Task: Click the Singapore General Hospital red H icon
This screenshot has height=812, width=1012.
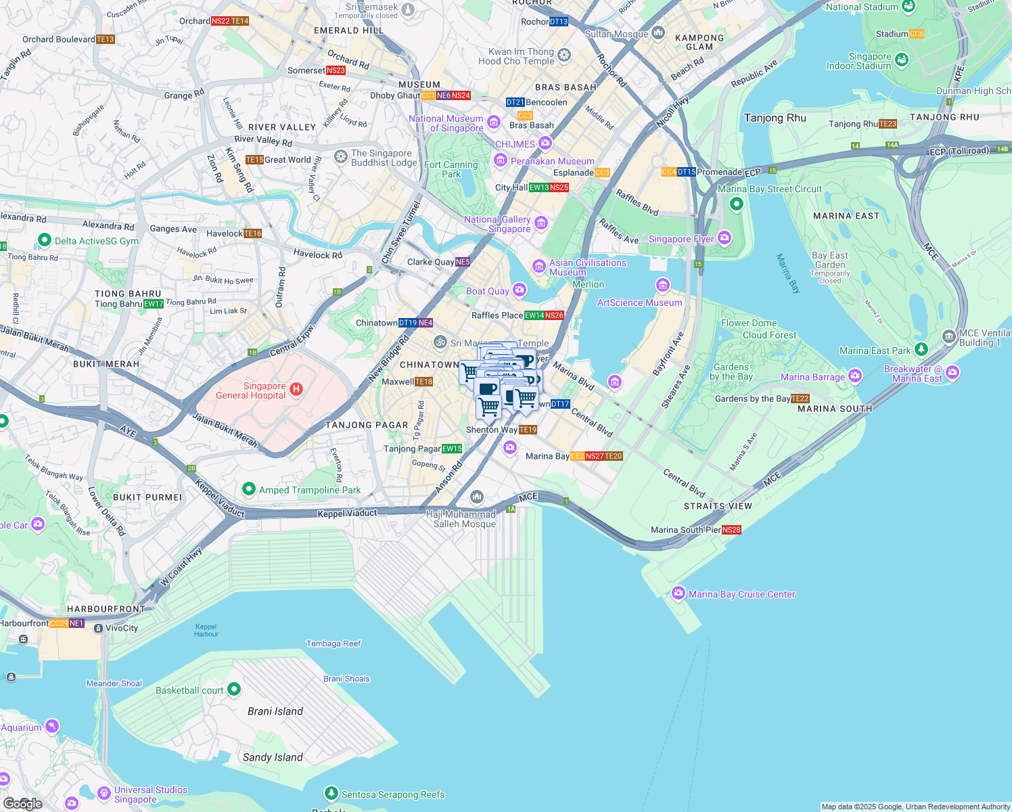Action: click(x=296, y=389)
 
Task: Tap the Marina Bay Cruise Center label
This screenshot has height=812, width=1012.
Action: click(x=741, y=594)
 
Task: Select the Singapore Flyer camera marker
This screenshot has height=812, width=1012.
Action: click(x=724, y=238)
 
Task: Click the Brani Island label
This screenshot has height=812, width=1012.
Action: click(x=275, y=711)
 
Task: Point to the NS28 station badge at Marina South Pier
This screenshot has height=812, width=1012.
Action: click(x=731, y=530)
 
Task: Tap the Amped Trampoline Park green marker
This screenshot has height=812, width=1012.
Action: click(x=248, y=489)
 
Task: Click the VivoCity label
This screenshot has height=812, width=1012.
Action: click(x=122, y=628)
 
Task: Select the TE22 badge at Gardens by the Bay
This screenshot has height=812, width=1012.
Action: click(x=800, y=399)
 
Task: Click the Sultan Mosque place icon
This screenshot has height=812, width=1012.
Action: click(x=658, y=33)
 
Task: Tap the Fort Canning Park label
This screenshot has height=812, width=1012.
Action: click(x=451, y=169)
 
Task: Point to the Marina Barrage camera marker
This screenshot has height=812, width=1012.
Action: click(x=855, y=376)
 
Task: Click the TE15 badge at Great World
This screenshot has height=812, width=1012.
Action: click(x=254, y=160)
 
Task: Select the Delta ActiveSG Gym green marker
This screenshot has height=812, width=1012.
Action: click(x=44, y=240)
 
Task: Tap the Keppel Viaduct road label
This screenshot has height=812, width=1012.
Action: click(x=346, y=514)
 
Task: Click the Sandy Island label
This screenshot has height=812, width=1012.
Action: click(x=273, y=757)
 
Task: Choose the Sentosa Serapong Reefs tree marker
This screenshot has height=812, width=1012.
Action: click(x=331, y=793)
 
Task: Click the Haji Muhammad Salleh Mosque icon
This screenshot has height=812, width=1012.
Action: click(x=477, y=498)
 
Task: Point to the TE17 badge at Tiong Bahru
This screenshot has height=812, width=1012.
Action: click(x=154, y=304)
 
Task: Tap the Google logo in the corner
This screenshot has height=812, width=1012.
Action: click(x=22, y=803)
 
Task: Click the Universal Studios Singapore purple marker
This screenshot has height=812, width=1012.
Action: click(x=103, y=793)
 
